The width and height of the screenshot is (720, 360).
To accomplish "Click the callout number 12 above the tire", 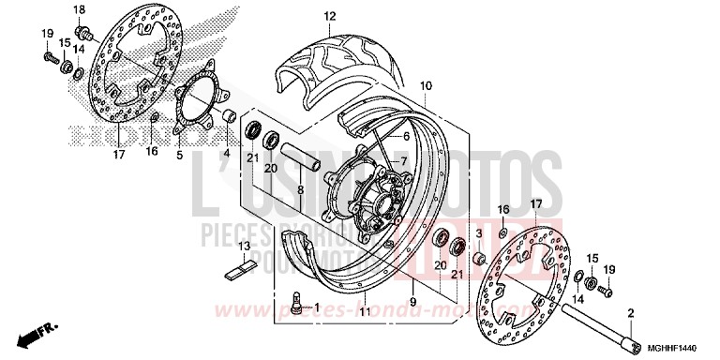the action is (x=329, y=17).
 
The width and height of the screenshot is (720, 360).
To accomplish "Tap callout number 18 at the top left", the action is (x=80, y=9).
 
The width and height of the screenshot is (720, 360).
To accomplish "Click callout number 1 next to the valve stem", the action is (x=316, y=307).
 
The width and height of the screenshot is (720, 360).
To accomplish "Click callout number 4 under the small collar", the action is (x=225, y=153).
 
